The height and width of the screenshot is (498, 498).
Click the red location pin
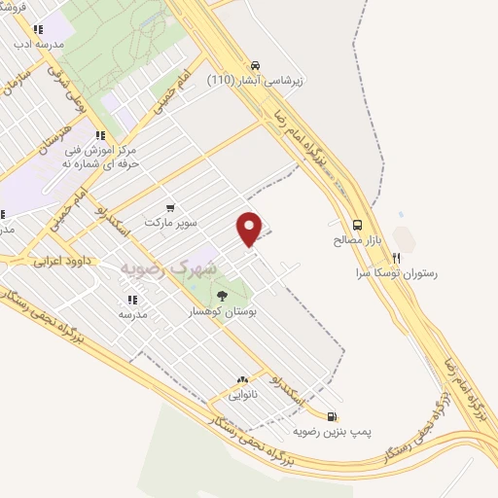pyautogui.click(x=251, y=229)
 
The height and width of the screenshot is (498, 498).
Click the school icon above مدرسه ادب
pyautogui.click(x=38, y=30)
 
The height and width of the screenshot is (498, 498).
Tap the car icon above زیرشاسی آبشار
pyautogui.click(x=254, y=65)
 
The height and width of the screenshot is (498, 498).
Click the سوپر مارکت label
pyautogui.click(x=170, y=223)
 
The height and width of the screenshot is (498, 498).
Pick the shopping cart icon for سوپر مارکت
pyautogui.click(x=171, y=207)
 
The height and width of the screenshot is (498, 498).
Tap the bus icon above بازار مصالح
pyautogui.click(x=358, y=223)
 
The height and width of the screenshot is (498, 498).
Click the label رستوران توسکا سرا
pyautogui.click(x=396, y=273)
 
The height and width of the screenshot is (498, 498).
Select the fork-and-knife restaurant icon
pyautogui.click(x=396, y=258)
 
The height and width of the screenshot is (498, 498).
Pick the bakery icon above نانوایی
pyautogui.click(x=242, y=379)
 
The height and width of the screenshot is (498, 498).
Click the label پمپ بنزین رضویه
pyautogui.click(x=334, y=428)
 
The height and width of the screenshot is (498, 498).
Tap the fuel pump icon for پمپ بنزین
pyautogui.click(x=334, y=412)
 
